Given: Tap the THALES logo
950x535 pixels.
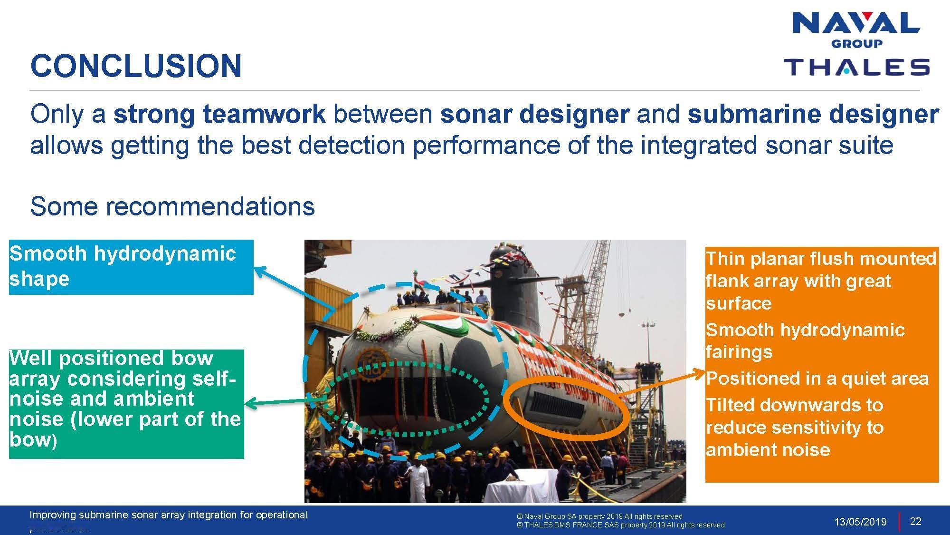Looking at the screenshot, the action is coord(856,67).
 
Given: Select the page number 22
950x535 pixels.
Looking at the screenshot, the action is coord(915,521).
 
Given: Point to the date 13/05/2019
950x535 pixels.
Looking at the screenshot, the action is coord(860,522).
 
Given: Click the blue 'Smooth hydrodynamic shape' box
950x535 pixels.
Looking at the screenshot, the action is coord(131,267).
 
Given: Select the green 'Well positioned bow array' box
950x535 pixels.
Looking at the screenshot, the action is coord(126,404).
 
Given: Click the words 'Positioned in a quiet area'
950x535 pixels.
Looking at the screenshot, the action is coord(817,379).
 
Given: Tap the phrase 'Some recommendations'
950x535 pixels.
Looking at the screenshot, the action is coord(172,206).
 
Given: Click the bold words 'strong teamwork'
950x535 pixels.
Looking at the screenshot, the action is coord(219,115).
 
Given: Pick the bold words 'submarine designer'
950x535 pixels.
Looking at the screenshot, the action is coord(813,115).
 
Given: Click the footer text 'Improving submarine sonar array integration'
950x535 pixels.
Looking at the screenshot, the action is coord(169,515).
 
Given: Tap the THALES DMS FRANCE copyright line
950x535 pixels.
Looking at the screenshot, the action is coord(621,525).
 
